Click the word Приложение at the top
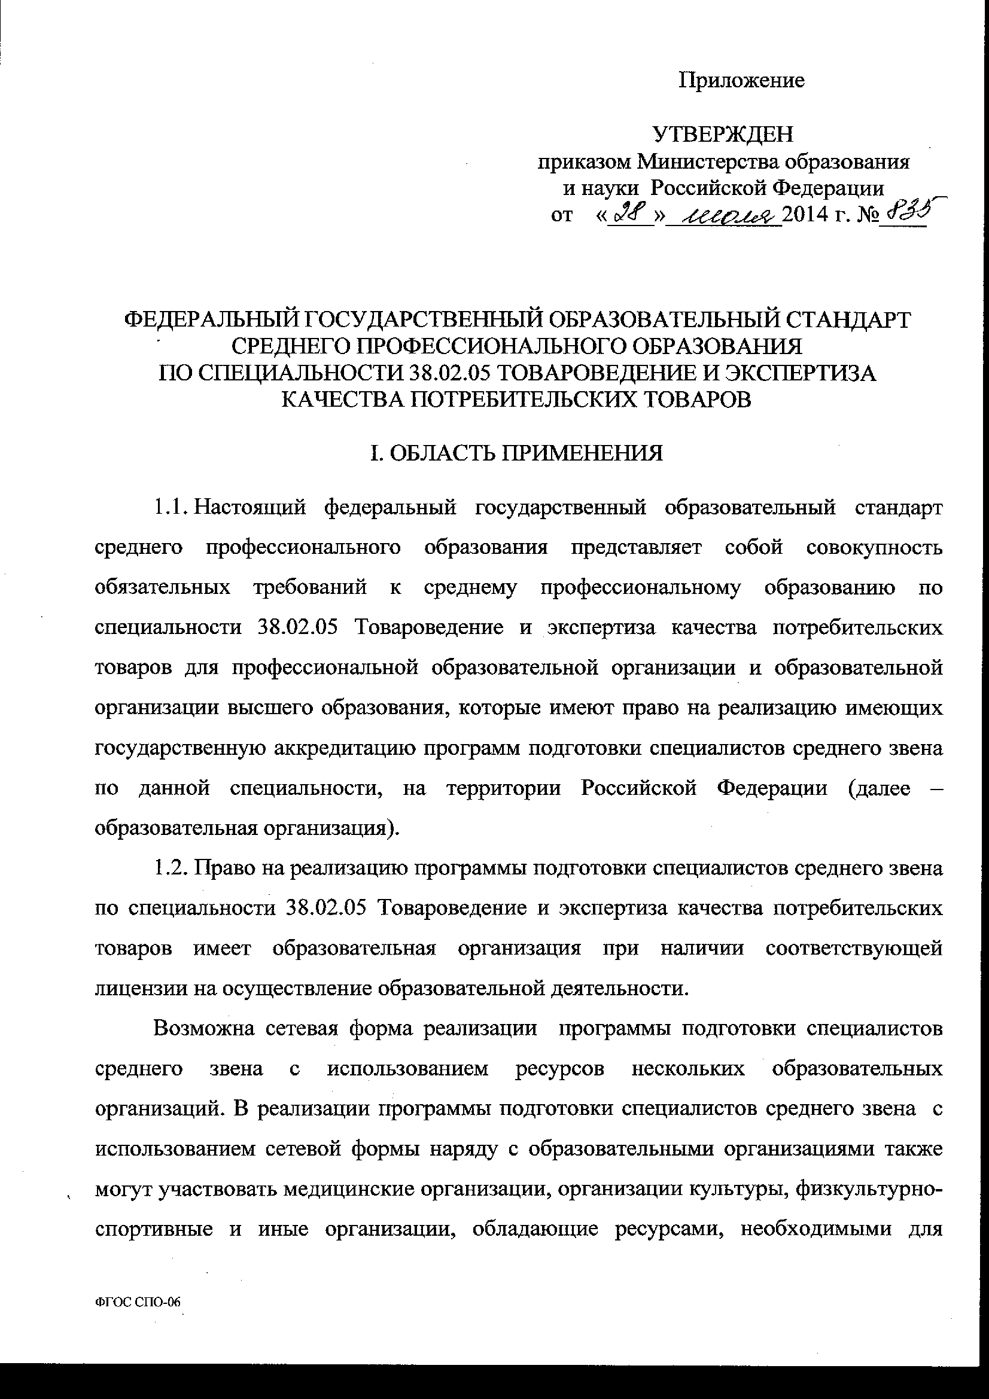pos(741,80)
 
